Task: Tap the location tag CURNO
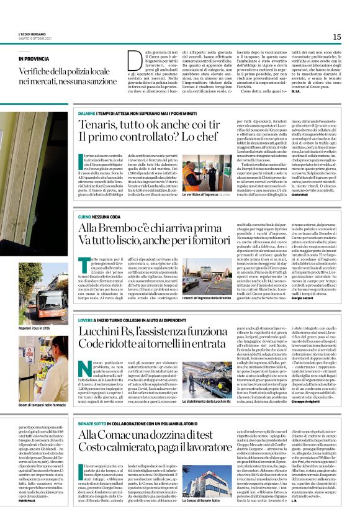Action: [x=85, y=217]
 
